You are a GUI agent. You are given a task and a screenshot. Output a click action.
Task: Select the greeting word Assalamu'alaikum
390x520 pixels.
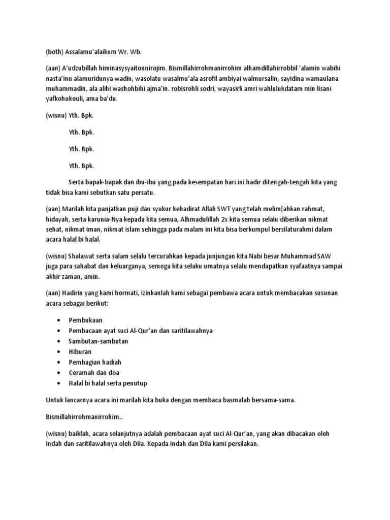click(x=90, y=51)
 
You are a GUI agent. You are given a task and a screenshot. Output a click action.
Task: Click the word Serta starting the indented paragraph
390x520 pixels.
click(x=76, y=182)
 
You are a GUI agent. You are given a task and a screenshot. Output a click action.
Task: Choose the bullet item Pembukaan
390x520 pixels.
click(x=86, y=320)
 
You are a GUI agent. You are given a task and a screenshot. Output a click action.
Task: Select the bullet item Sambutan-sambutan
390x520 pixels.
click(x=99, y=341)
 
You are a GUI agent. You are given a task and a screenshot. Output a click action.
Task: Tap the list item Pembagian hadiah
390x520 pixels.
click(x=95, y=362)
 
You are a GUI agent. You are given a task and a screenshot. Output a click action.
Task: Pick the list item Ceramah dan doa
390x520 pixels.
click(x=94, y=373)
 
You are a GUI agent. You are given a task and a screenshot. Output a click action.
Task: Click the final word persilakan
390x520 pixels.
click(x=244, y=443)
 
